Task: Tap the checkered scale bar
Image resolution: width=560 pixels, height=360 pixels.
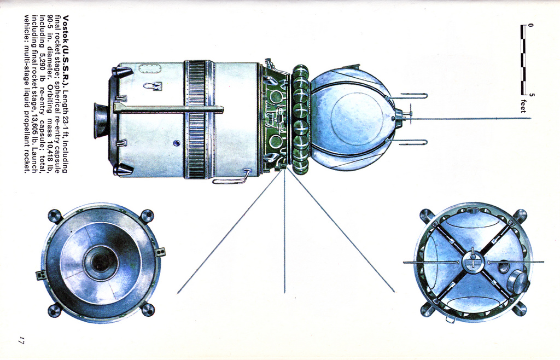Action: click(523, 60)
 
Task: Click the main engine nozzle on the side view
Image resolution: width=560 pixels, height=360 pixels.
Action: click(101, 120)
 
